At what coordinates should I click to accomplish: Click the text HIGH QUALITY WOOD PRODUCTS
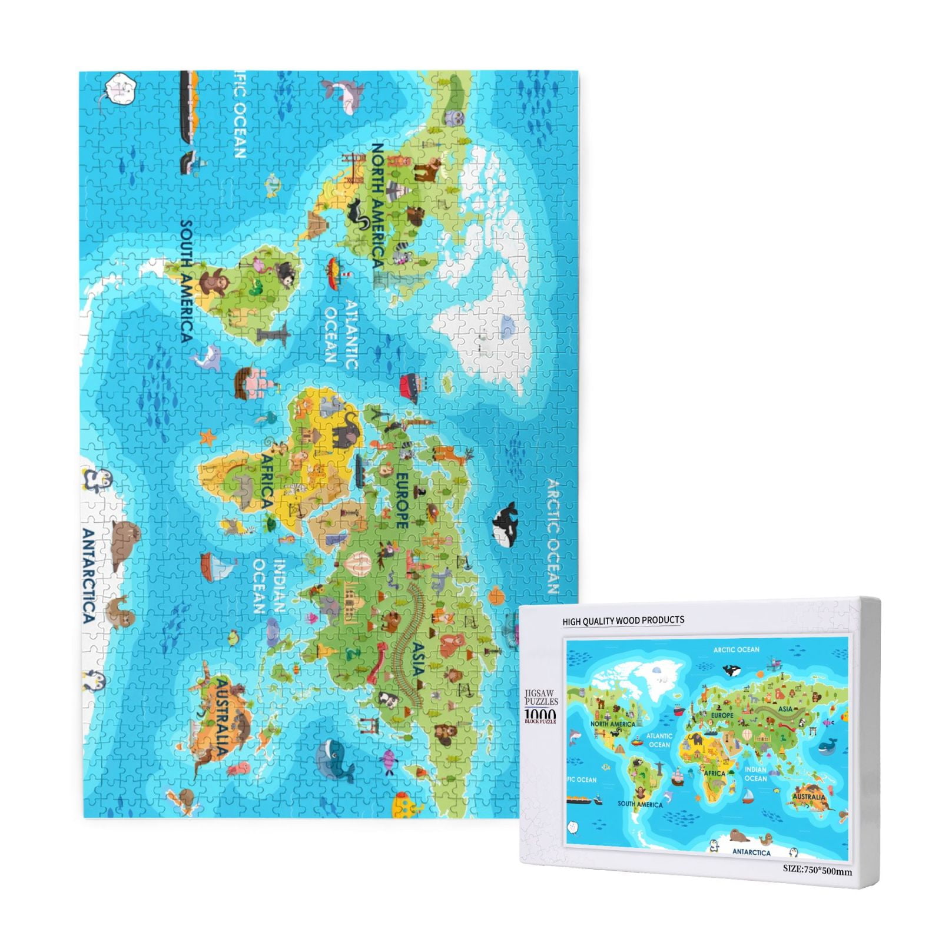[x=623, y=621]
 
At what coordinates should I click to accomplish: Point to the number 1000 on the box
[x=539, y=714]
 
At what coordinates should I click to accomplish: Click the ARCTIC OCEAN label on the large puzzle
[x=552, y=536]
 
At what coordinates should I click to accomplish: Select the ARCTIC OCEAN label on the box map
[x=736, y=650]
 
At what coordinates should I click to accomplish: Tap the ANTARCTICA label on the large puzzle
[x=88, y=576]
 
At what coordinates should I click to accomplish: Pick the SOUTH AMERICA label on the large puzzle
[x=186, y=281]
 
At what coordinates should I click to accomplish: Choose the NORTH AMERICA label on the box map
[x=612, y=724]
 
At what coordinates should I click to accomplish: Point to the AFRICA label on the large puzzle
[x=266, y=480]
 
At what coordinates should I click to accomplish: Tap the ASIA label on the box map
[x=785, y=709]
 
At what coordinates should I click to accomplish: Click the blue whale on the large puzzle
[x=333, y=759]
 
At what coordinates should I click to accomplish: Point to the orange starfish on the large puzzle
[x=207, y=437]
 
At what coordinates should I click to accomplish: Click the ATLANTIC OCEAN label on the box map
[x=659, y=740]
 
